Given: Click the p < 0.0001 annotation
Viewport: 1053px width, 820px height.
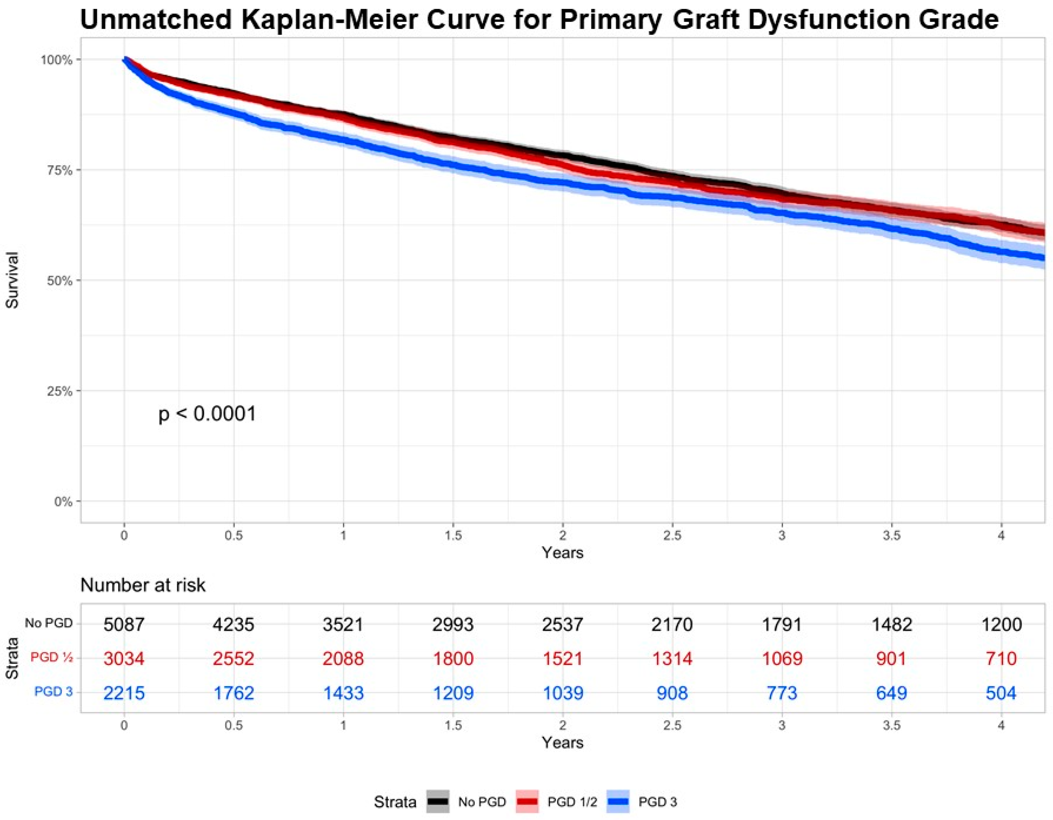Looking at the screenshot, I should pos(207,413).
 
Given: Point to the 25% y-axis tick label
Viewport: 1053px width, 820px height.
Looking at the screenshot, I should pos(58,391).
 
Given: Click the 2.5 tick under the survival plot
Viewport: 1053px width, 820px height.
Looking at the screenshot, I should pos(672,536).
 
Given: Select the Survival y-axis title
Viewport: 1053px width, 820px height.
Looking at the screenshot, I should pos(12,280).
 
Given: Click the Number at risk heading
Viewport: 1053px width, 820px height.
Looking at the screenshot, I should pos(143,585).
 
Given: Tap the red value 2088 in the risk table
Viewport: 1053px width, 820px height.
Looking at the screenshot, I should pos(343,658).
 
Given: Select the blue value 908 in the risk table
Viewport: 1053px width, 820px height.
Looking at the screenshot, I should pos(672,693).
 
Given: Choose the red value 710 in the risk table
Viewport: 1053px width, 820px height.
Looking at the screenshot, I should pos(1002,658).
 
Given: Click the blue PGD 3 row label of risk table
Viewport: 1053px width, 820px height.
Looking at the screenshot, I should pos(53,692).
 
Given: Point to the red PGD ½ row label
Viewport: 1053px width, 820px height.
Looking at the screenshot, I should pos(51,658).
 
